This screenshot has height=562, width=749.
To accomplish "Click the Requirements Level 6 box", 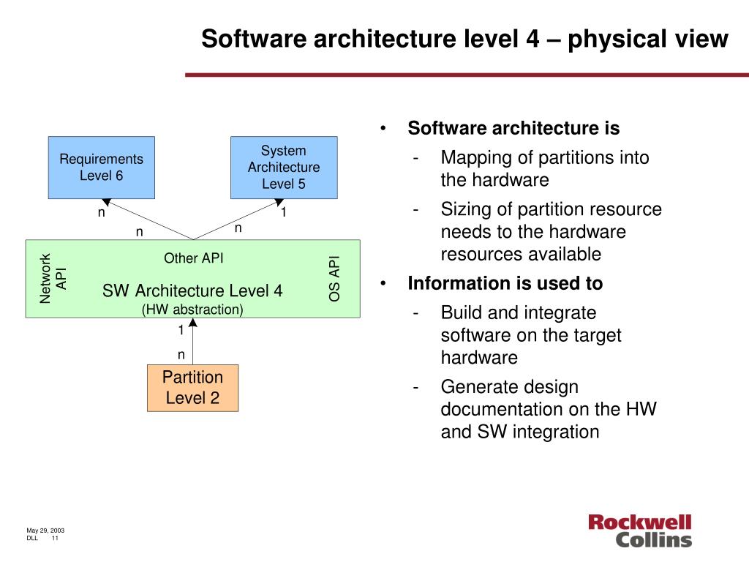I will click(x=101, y=167).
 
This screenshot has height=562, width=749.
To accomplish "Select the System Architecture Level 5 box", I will click(x=284, y=167).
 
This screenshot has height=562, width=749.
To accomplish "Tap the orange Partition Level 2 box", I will click(x=192, y=388).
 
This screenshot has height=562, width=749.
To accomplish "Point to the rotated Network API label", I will click(x=53, y=278).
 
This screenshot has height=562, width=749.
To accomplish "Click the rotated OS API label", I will click(x=334, y=278).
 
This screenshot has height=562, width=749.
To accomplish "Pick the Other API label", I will click(x=193, y=258).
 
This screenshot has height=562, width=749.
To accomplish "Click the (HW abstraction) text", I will click(x=192, y=309).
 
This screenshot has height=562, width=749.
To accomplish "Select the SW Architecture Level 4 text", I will click(x=192, y=291).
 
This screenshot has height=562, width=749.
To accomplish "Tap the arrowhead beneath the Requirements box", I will click(x=107, y=202).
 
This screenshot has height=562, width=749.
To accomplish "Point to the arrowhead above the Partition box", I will click(x=192, y=323).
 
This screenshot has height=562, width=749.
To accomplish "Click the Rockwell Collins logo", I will click(x=639, y=531).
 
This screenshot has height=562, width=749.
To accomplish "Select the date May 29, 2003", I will click(x=45, y=530).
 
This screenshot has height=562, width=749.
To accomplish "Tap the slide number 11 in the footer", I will click(x=55, y=538).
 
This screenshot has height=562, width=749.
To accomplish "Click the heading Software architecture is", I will click(x=513, y=129).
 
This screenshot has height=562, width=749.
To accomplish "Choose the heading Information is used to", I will click(x=505, y=283).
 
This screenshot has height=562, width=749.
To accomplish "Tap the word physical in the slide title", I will click(x=620, y=39).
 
